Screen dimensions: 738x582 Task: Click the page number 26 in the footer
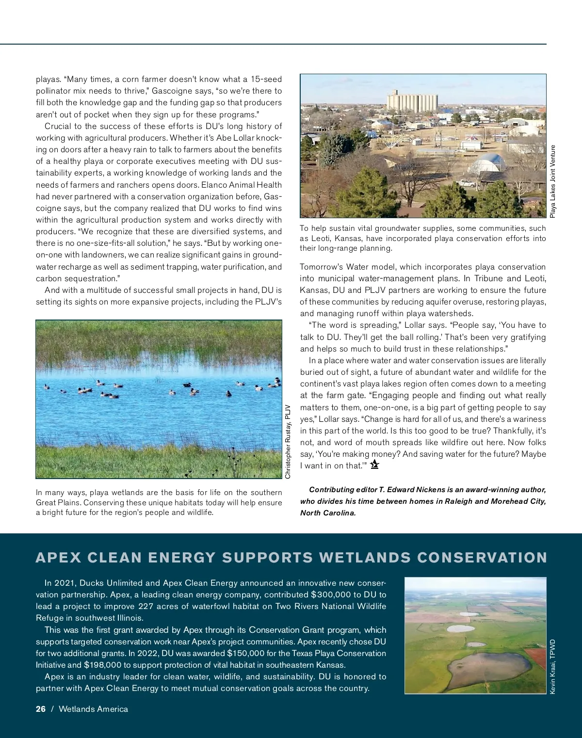41,709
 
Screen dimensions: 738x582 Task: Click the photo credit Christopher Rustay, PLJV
288,442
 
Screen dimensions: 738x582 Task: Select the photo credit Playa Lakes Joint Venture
553,181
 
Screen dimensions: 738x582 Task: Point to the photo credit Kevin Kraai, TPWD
552,666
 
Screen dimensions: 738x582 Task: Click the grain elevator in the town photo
412,101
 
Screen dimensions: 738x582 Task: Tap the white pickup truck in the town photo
466,183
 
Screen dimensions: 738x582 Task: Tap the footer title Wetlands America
94,709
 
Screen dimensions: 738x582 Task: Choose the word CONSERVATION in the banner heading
482,558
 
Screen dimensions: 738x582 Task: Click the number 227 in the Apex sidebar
146,606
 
